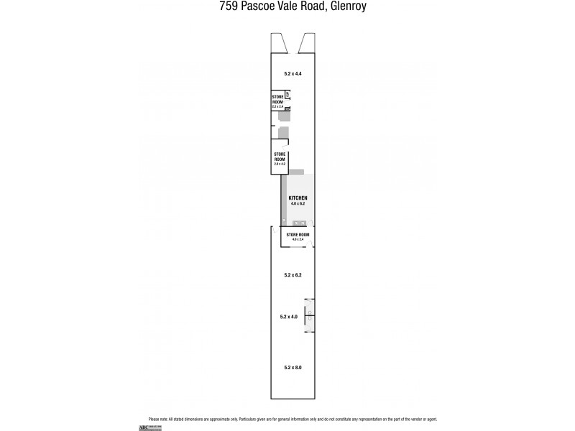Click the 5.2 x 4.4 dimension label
pos(293,74)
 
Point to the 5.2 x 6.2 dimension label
pos(293,275)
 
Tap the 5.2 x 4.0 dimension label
pos(288,316)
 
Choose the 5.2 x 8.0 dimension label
pos(293,368)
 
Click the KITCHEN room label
pos(298,198)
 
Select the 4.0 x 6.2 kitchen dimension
pos(298,204)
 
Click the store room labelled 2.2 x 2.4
pos(277,101)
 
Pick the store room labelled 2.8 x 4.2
pos(280,159)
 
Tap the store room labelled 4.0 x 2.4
pos(298,236)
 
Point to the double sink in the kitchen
pos(298,222)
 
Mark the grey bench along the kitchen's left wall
pos(283,201)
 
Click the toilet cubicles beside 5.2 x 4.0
pos(309,315)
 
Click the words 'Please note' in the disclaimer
pos(157,419)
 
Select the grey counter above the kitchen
pos(297,172)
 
